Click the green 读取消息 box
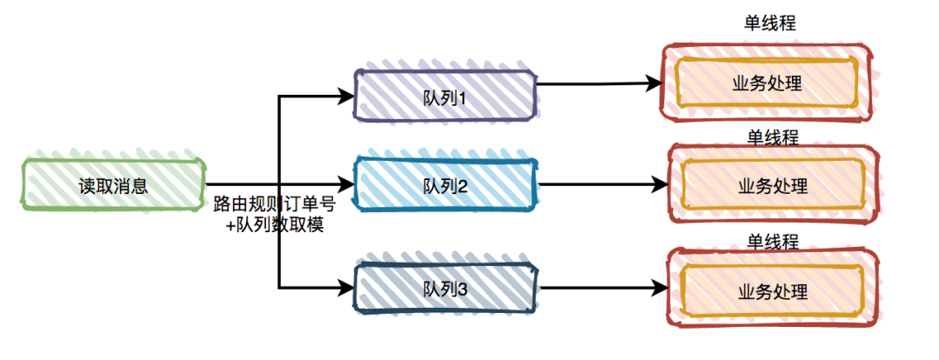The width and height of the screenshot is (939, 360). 113,184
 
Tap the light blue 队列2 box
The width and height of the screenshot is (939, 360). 445,185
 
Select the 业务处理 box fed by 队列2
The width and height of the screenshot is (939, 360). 772,185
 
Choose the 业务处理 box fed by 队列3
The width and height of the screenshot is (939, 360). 772,290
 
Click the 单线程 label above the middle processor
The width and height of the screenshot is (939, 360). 773,136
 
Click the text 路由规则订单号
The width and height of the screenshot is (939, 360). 275,206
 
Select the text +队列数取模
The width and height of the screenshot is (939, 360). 275,224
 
